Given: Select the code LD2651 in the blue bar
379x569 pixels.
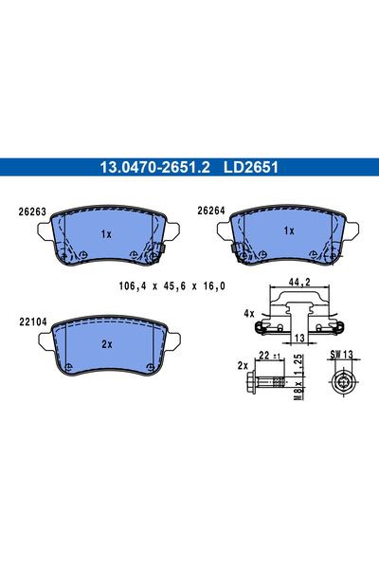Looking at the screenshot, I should [249, 167].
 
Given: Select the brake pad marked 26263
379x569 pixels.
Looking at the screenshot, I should [106, 237].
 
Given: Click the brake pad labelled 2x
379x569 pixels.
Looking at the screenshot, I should [106, 347].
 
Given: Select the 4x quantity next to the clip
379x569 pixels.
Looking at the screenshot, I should [247, 312].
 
